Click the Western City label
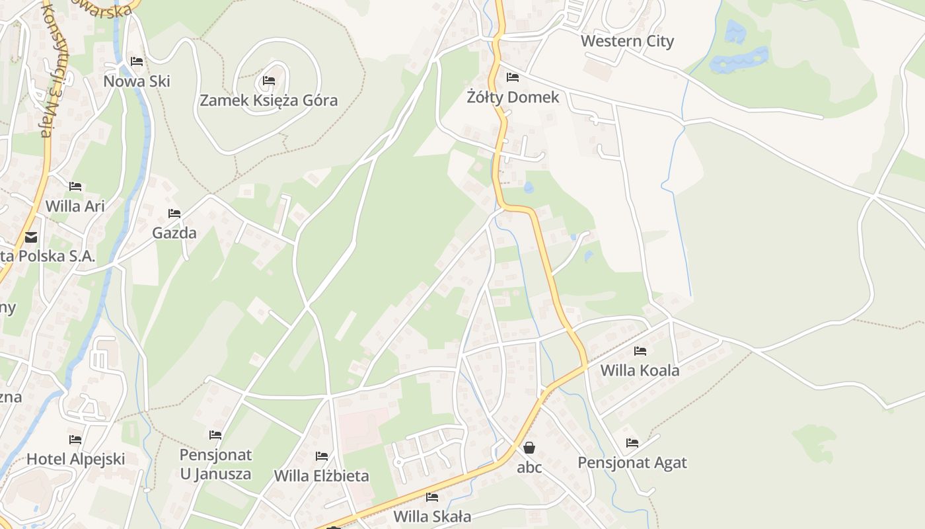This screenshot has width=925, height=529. (x=627, y=41)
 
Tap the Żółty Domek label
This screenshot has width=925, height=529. (x=513, y=97)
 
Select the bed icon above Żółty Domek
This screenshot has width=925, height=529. (x=512, y=77)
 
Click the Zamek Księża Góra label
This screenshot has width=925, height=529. (x=268, y=101)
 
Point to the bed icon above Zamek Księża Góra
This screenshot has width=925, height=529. (x=268, y=81)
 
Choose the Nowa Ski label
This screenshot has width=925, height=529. (x=137, y=81)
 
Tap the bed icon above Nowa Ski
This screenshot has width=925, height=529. (x=137, y=61)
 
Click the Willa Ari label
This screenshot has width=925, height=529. (x=75, y=206)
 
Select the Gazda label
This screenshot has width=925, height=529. (x=174, y=233)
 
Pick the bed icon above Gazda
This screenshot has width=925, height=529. (x=174, y=213)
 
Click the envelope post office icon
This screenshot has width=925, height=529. (x=30, y=237)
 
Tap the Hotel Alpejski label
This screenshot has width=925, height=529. (x=75, y=459)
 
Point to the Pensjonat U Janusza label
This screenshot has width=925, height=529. (x=215, y=464)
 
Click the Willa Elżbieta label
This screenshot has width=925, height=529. (x=321, y=475)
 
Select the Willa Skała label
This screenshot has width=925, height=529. (x=432, y=516)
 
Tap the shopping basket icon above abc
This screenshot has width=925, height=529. (x=529, y=448)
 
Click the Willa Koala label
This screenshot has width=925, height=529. (x=640, y=370)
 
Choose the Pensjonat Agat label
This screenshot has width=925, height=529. (x=632, y=462)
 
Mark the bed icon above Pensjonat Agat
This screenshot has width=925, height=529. (x=632, y=442)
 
